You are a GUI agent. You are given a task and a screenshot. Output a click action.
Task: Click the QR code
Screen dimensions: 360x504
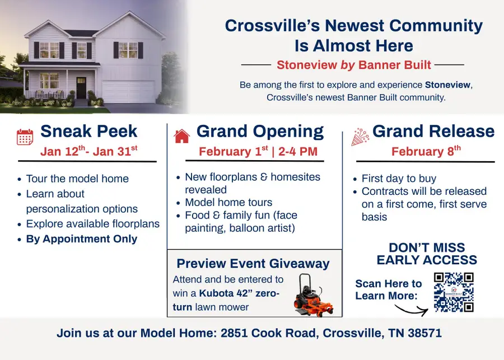click(x=454, y=292)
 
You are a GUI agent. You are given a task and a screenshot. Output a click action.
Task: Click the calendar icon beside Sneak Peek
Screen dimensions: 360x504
click(x=25, y=137)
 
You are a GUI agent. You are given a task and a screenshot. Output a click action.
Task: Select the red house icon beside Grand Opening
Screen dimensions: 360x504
click(x=182, y=136)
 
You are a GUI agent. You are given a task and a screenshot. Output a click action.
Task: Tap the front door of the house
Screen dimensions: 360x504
click(x=81, y=88)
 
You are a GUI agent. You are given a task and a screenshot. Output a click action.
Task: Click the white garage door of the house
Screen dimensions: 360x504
click(x=128, y=91)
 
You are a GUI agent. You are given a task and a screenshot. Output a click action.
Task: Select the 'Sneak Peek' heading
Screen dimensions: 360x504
click(x=89, y=132)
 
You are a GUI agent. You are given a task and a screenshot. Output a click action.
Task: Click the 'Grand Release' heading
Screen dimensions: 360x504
click(x=433, y=132)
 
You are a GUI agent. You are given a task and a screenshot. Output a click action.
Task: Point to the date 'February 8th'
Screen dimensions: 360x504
click(x=426, y=151)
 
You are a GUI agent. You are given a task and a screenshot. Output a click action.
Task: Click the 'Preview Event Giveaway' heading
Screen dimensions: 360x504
click(x=253, y=264)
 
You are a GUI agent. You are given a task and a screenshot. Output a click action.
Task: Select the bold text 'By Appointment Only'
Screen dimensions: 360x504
click(x=82, y=239)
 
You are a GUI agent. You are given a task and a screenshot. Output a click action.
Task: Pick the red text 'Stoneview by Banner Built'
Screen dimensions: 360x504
click(x=354, y=65)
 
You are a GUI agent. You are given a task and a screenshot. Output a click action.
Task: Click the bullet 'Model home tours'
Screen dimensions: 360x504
click(x=228, y=202)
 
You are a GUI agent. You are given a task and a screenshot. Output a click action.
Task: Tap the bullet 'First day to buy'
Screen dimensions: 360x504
click(x=399, y=179)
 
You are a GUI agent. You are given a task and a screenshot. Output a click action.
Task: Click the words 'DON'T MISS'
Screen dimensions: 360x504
click(x=427, y=247)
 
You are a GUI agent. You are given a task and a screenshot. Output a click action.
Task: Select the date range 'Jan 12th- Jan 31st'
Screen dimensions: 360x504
click(x=88, y=151)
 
